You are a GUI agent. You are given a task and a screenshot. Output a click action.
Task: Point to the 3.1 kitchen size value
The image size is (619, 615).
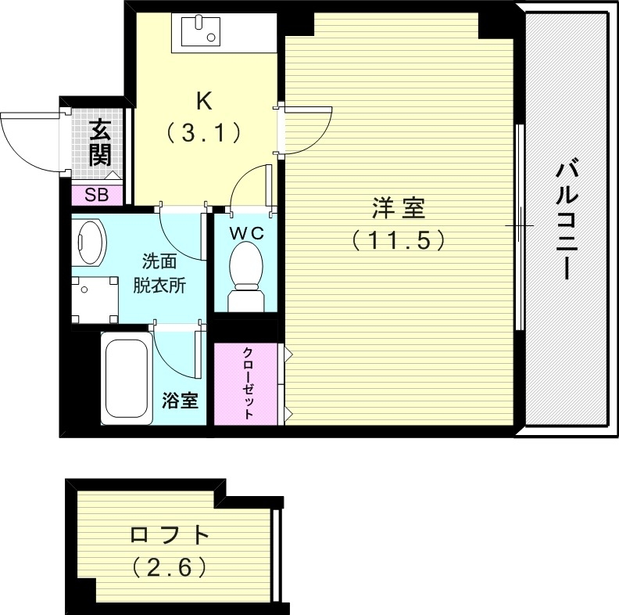(203, 134)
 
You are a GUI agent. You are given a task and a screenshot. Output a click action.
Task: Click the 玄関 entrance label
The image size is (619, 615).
(99, 142)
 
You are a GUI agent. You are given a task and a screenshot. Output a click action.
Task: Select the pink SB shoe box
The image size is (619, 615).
(98, 195)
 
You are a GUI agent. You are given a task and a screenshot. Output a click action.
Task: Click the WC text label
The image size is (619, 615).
(246, 232)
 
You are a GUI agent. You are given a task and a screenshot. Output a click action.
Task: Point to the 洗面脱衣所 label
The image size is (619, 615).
(159, 273)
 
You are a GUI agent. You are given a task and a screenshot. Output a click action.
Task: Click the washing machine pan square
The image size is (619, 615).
(95, 298)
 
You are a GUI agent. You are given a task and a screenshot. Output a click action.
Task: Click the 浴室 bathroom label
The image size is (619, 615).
(180, 401)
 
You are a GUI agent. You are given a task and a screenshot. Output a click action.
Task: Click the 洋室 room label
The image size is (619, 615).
(398, 209)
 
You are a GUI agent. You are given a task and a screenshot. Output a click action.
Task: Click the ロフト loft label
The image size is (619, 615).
(170, 536)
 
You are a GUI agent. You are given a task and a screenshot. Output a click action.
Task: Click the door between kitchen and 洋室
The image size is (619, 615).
(305, 129)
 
